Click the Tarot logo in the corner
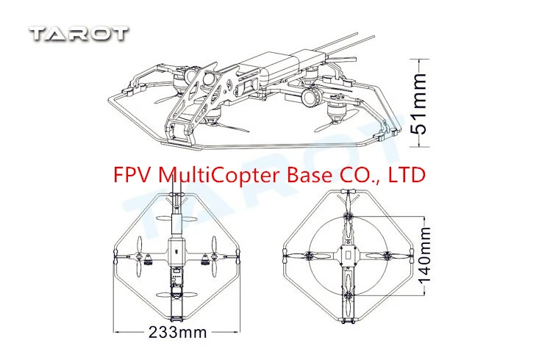[79, 34]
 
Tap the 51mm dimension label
[418, 104]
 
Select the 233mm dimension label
[178, 332]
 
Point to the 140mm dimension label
[424, 254]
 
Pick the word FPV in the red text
[133, 175]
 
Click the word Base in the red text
[310, 175]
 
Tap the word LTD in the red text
[407, 175]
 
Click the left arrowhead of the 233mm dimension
[116, 332]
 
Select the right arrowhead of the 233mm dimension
[237, 332]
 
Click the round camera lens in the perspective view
[312, 97]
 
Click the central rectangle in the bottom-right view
[349, 255]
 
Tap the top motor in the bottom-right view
[349, 217]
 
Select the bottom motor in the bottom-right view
[349, 295]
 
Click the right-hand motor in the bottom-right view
[388, 255]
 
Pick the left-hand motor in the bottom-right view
[309, 255]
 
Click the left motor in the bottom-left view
[148, 259]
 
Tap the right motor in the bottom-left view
[205, 259]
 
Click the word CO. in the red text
[359, 175]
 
